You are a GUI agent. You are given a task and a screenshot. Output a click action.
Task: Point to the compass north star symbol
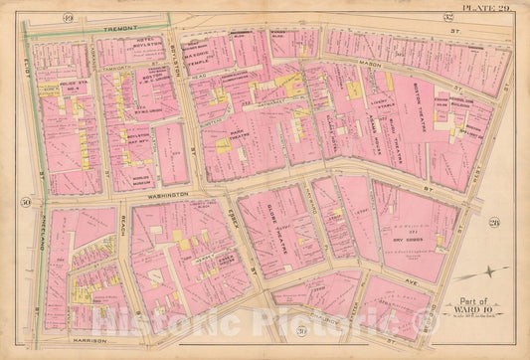coord(494,271)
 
